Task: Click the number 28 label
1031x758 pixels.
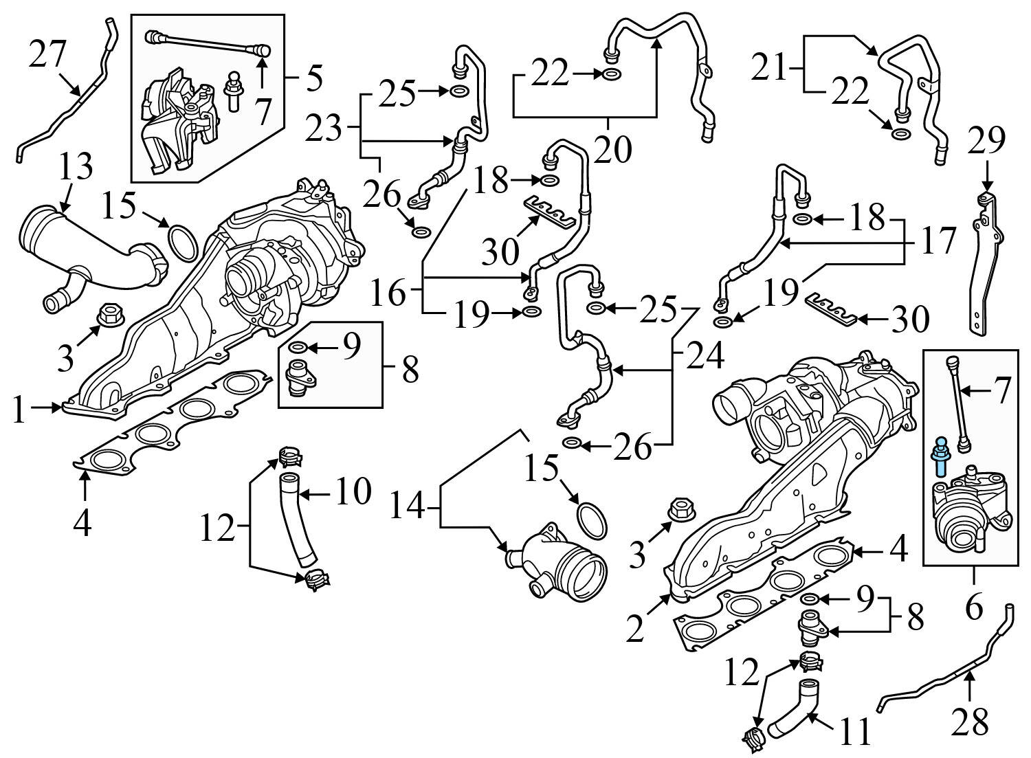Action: click(969, 721)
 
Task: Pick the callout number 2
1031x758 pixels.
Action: click(635, 628)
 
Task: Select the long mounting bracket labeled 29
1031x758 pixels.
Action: click(985, 268)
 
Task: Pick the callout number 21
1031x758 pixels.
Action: click(768, 69)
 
